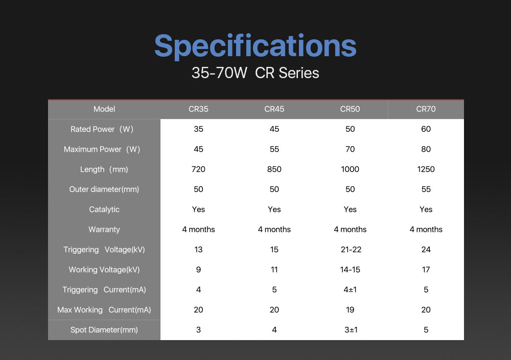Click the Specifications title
coord(255,46)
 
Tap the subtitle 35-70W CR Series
coord(255,73)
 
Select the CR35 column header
coord(198,109)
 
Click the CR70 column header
coord(426,109)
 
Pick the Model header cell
coord(104,109)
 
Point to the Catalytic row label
coord(104,209)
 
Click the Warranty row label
coord(104,229)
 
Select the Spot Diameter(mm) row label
coord(104,330)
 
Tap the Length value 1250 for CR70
coord(426,170)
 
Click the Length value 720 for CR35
coord(198,170)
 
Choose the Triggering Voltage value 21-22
coord(351,250)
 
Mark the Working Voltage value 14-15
coord(350,270)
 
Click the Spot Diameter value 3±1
coord(351,330)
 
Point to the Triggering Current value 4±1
coord(350,290)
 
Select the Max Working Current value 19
coord(350,310)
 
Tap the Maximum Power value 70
coord(350,149)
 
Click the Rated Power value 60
coord(426,129)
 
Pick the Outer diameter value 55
coord(426,189)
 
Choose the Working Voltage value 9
coord(198,270)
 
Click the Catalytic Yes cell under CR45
coord(274,209)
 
